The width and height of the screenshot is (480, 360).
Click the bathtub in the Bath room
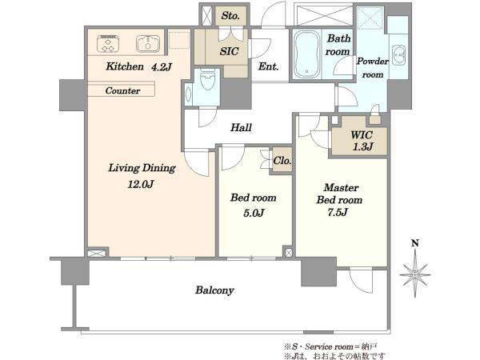(x=306, y=54)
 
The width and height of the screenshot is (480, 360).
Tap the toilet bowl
(x=207, y=79)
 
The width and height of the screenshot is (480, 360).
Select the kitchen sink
(x=148, y=43)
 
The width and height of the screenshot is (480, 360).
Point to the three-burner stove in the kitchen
(x=108, y=43)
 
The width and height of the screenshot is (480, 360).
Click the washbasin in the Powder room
(x=398, y=55)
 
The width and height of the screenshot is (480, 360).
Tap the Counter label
(x=122, y=90)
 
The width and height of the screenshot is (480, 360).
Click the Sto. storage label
(x=230, y=16)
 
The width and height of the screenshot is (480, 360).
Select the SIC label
(x=229, y=51)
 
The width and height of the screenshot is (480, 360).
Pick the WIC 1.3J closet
(x=360, y=139)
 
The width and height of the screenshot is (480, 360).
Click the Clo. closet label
(x=282, y=161)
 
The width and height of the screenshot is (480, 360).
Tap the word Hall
(x=241, y=127)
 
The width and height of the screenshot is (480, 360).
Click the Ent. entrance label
(x=268, y=66)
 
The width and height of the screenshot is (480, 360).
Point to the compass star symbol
(x=414, y=274)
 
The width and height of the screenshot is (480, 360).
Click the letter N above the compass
(x=414, y=243)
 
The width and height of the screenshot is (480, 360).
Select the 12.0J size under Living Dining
(x=141, y=184)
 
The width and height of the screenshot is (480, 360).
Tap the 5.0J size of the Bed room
(x=254, y=213)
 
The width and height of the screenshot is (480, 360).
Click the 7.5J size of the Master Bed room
(x=338, y=212)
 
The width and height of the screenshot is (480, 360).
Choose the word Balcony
(x=214, y=290)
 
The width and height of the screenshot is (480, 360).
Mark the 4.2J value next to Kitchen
(x=162, y=66)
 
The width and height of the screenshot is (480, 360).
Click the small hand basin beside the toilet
(x=188, y=94)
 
